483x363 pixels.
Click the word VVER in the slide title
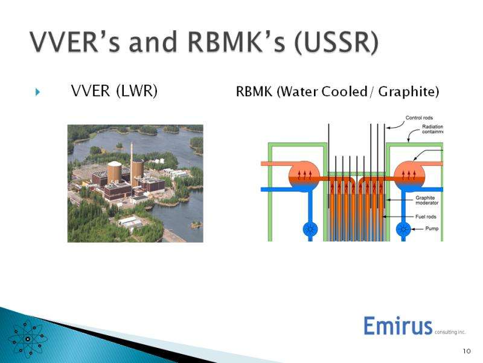pos(66,43)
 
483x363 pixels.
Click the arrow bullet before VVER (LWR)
pos(37,92)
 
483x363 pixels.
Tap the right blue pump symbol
pos(403,229)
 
